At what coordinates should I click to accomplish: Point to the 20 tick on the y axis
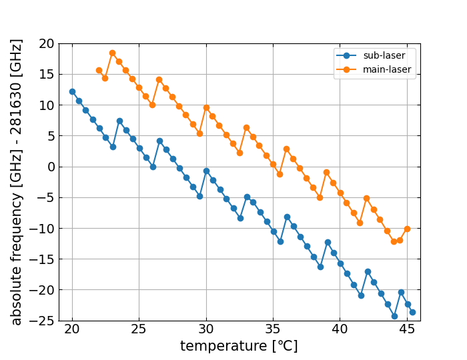point(47,44)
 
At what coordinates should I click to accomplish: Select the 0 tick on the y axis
point(50,167)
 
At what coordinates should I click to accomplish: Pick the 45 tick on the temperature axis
point(406,329)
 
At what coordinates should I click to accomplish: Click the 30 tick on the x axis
point(206,329)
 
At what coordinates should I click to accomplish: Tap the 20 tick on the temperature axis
point(72,329)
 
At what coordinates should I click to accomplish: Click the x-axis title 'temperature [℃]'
point(239,347)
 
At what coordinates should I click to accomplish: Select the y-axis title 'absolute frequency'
point(17,181)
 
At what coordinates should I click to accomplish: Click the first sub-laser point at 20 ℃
point(72,91)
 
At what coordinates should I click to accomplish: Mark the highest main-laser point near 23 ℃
point(112,53)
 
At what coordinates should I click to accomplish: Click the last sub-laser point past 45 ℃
point(412,312)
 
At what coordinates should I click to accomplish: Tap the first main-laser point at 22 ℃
point(99,70)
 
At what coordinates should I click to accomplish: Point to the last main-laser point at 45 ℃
point(407,229)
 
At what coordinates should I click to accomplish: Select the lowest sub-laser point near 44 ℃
point(394,316)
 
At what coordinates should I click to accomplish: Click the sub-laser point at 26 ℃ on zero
point(153,167)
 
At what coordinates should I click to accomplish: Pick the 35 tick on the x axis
point(273,329)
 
